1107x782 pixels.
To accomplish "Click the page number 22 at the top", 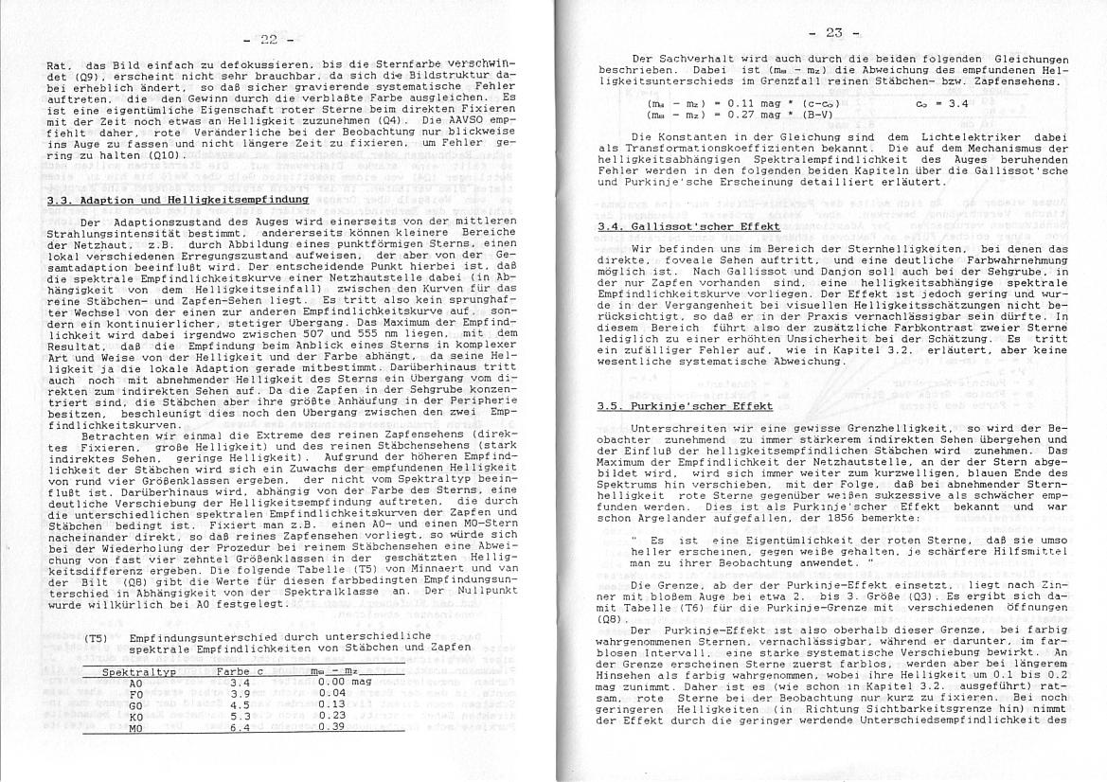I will pyautogui.click(x=269, y=39).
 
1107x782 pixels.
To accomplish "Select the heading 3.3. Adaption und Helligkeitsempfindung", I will pyautogui.click(x=178, y=200).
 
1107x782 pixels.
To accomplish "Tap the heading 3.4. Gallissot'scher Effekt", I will pyautogui.click(x=688, y=227).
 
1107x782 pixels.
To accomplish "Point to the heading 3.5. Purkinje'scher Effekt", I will pyautogui.click(x=686, y=406).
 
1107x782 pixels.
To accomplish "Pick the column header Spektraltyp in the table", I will pyautogui.click(x=139, y=671).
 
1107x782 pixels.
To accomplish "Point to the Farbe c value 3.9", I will pyautogui.click(x=239, y=693).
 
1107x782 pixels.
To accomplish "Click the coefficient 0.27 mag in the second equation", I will pyautogui.click(x=740, y=114).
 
